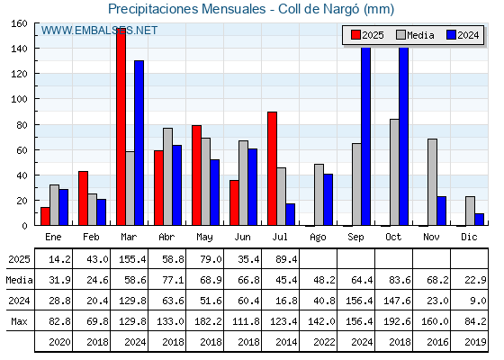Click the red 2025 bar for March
tap(121, 127)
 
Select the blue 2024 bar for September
tap(365, 136)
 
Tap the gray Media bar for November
tap(432, 182)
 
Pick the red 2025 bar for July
tap(272, 168)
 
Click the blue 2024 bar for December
tap(479, 220)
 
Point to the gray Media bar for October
tap(395, 172)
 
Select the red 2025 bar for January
tap(45, 216)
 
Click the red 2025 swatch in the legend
tap(355, 35)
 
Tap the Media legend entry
tap(415, 35)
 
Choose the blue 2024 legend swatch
tap(451, 35)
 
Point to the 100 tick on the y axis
tap(19, 99)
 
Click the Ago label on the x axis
tap(318, 238)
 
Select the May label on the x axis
tap(204, 238)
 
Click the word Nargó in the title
tap(341, 9)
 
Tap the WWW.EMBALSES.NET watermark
tap(99, 31)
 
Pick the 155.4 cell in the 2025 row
tap(132, 259)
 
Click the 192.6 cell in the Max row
tap(397, 321)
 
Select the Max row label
tap(19, 321)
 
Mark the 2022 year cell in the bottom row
tap(324, 342)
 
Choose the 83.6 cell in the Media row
tap(400, 280)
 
